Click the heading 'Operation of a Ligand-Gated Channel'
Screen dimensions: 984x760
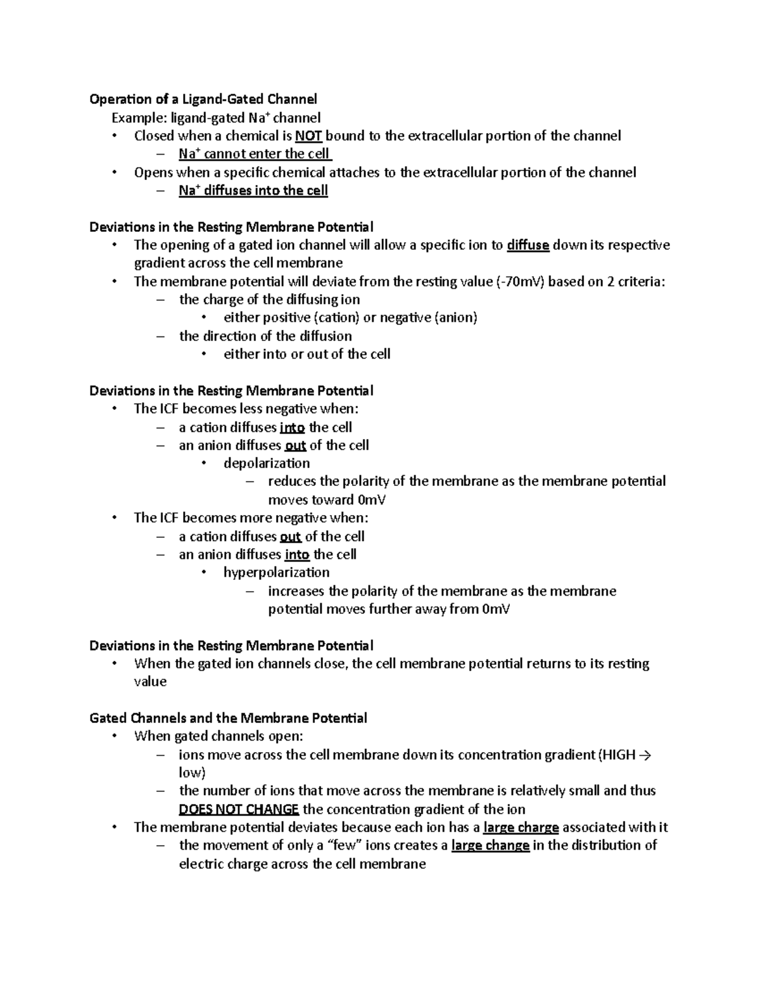[203, 99]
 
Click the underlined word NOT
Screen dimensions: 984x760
[309, 136]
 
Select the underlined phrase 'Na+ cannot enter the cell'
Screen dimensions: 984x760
[255, 154]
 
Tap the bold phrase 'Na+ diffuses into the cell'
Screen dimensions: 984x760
[253, 191]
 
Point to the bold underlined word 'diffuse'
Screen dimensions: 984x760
[528, 245]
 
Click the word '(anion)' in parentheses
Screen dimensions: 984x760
[455, 318]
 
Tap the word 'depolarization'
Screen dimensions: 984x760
[267, 463]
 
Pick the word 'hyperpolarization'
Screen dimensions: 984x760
[277, 573]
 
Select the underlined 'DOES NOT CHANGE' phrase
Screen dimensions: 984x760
[239, 810]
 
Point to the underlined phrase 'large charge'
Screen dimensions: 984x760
[521, 827]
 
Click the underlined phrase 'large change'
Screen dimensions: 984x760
[490, 846]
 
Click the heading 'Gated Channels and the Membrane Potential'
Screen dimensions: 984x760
[229, 719]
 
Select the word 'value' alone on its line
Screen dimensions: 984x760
[150, 682]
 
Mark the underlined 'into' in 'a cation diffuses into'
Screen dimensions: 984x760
[292, 428]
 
